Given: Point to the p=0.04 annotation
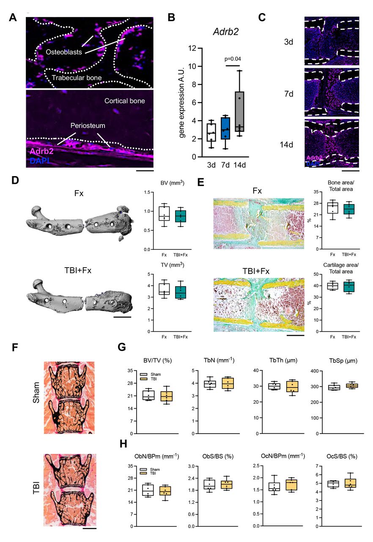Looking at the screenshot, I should (x=232, y=59).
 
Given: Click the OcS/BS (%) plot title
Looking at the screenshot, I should (x=339, y=456).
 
